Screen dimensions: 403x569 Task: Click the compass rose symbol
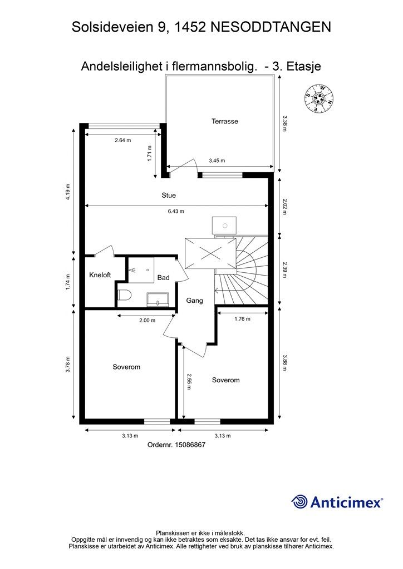[319, 98]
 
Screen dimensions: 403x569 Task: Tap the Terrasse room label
[225, 122]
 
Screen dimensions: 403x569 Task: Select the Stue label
[169, 196]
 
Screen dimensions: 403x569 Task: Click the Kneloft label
[100, 275]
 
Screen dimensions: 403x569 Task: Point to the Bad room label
[164, 278]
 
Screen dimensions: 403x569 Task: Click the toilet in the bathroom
[124, 295]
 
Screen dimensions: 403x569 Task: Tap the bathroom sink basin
[158, 300]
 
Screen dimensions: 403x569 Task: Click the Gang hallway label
[194, 301]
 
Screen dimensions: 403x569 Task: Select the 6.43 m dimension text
[176, 211]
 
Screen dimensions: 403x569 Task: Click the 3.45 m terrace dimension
[217, 161]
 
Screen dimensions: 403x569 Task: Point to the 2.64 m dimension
[123, 140]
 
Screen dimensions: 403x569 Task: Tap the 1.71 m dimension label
[149, 153]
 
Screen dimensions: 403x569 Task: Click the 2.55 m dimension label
[189, 381]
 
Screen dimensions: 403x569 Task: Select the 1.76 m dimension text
[242, 319]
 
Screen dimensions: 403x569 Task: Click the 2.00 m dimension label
[147, 321]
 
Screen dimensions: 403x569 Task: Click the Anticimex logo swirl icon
[299, 502]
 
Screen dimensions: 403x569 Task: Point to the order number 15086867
[190, 445]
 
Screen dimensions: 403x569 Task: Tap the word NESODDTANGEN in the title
[271, 27]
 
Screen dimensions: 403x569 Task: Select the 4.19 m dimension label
[67, 192]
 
